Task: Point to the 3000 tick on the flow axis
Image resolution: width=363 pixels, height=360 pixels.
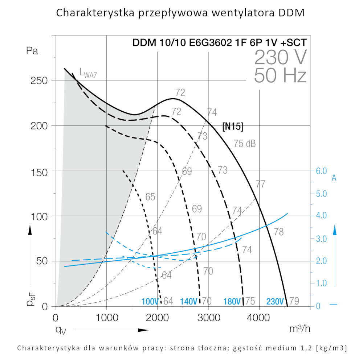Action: (208, 318)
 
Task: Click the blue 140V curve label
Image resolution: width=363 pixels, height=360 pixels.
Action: (188, 302)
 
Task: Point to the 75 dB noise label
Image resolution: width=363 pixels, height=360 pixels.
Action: (244, 144)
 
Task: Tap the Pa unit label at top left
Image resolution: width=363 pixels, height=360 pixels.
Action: (32, 50)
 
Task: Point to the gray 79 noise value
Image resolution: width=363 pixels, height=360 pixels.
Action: (294, 302)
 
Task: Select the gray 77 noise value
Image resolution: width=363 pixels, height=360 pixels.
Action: (260, 184)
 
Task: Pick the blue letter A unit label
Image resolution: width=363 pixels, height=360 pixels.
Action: (334, 178)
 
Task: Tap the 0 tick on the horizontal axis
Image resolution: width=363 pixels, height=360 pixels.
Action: (56, 318)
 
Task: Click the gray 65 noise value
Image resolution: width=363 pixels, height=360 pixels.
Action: (150, 197)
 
